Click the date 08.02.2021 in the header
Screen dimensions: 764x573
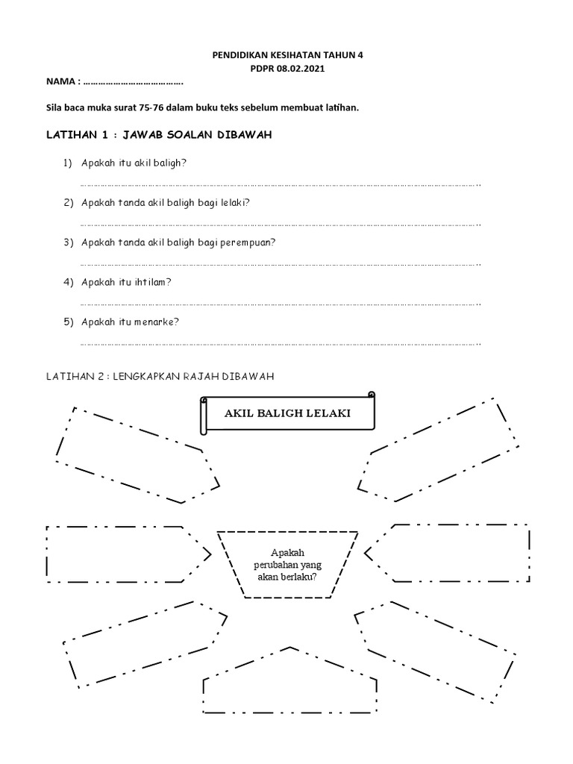tap(303, 69)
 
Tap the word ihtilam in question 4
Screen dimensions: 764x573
tap(156, 282)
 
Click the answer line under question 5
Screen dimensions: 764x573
tap(280, 345)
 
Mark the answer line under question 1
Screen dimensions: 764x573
tap(280, 185)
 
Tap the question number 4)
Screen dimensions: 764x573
tap(67, 282)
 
